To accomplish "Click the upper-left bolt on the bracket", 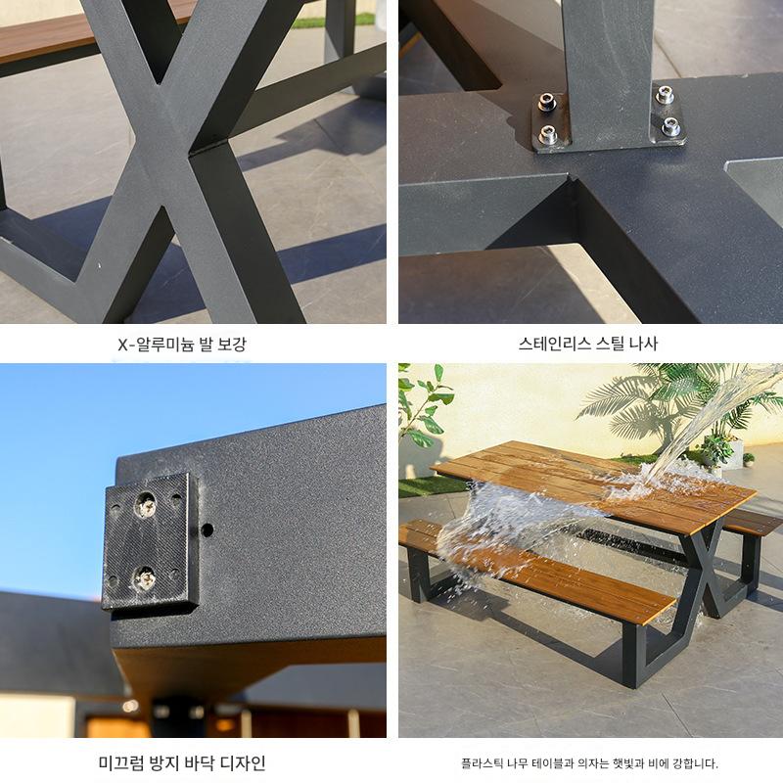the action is [x=547, y=104].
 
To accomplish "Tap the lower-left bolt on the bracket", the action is [x=547, y=133].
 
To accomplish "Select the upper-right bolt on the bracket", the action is [x=665, y=94].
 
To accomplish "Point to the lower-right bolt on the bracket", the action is [x=670, y=127].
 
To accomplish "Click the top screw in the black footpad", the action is [x=146, y=505].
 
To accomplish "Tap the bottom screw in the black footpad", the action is [x=145, y=578].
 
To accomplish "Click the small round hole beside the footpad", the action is [x=207, y=530].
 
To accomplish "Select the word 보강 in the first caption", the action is [x=233, y=344].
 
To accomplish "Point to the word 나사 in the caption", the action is [x=643, y=344].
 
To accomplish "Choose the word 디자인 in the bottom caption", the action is [x=243, y=763].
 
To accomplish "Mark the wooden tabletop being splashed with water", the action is [x=594, y=484].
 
